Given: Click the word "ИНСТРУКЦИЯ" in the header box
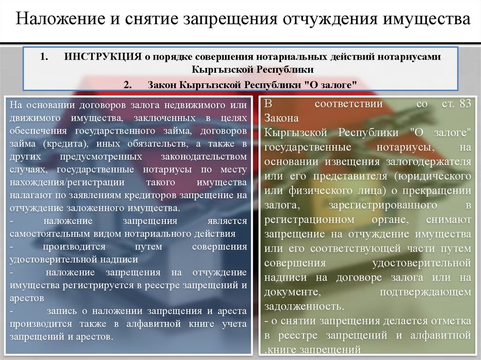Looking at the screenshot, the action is coord(103,56).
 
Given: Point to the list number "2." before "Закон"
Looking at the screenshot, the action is coord(128,84).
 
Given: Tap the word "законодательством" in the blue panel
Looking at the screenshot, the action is coord(204,156).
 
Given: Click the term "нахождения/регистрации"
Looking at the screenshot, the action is coord(67,182).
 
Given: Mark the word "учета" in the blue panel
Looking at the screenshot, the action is coord(234,324).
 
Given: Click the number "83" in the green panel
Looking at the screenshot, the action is coord(465,104).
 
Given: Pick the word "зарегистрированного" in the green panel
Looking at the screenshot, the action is coord(383,205).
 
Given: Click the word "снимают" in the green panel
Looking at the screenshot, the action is coord(449,219).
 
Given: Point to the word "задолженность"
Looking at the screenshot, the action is coord(304,306).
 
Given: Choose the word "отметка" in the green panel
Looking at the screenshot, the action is coord(451,321).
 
